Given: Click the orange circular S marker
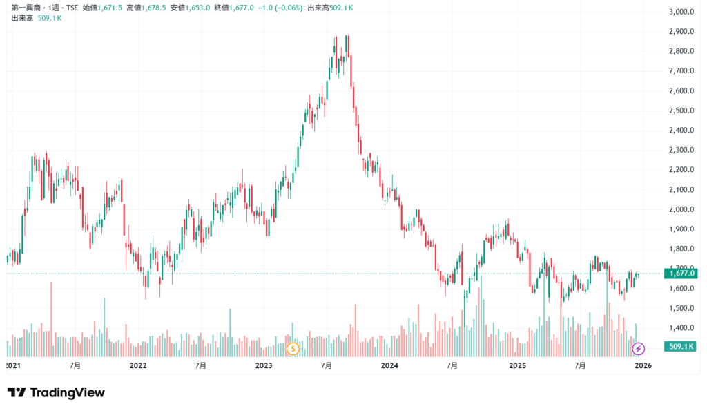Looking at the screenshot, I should point(292,348).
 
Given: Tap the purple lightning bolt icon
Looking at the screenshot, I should point(639,348).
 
